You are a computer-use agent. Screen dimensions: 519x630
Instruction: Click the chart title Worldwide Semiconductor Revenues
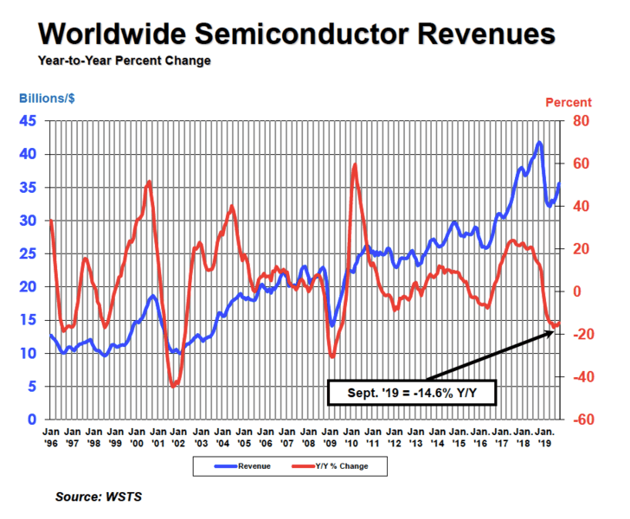tap(296, 34)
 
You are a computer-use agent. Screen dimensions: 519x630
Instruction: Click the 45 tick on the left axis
tap(28, 121)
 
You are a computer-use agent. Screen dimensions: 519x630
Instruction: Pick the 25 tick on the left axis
tap(28, 253)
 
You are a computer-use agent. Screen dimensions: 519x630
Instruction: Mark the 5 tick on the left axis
tap(32, 387)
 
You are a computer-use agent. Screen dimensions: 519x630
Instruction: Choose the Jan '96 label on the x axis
tap(51, 435)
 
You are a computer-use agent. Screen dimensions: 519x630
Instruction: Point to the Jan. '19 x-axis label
tap(544, 435)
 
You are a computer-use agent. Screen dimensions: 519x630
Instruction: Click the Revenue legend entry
tap(244, 466)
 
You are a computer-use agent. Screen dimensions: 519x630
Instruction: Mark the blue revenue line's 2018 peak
tap(539, 143)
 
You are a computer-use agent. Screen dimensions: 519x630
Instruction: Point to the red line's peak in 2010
tap(355, 164)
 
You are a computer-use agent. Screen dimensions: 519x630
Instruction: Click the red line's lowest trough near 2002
tap(173, 386)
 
